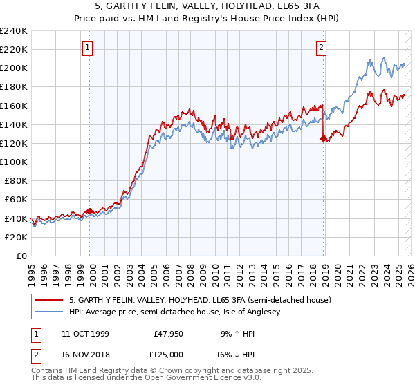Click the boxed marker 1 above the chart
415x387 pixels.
(89, 48)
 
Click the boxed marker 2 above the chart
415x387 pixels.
(322, 48)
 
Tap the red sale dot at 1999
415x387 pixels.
(90, 211)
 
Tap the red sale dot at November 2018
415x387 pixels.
(323, 138)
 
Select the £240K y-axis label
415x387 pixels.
(14, 31)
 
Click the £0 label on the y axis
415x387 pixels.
(21, 256)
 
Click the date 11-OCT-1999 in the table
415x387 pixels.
(86, 333)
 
